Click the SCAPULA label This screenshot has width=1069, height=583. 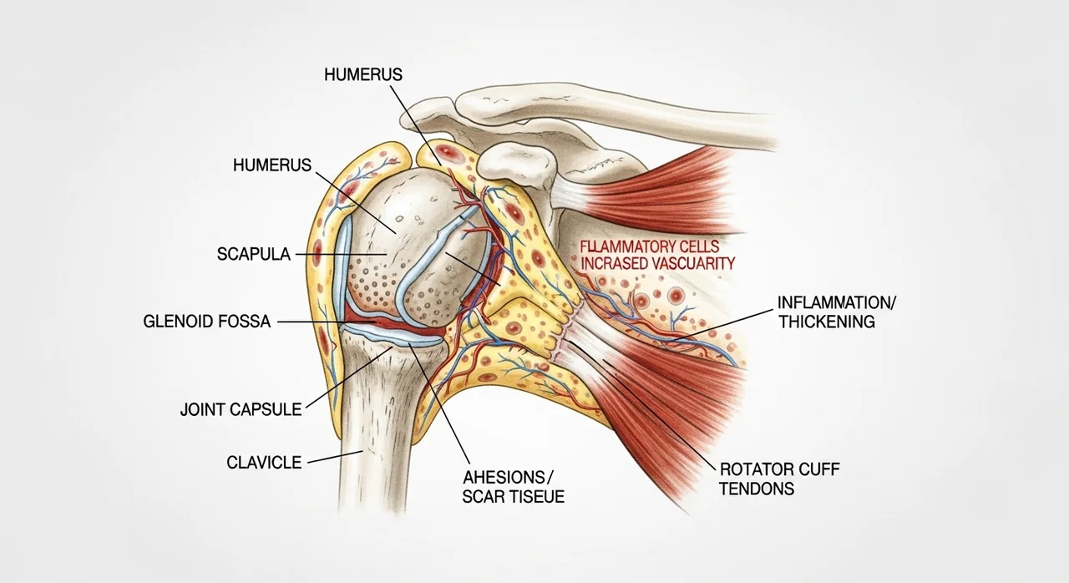254,255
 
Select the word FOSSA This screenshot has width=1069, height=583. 244,321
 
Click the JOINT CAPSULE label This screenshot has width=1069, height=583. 241,409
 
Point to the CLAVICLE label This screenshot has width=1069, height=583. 264,462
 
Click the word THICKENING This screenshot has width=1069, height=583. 826,322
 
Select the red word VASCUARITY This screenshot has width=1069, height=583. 690,263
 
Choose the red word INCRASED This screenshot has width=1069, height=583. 611,263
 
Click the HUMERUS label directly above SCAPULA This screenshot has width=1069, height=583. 271,165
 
